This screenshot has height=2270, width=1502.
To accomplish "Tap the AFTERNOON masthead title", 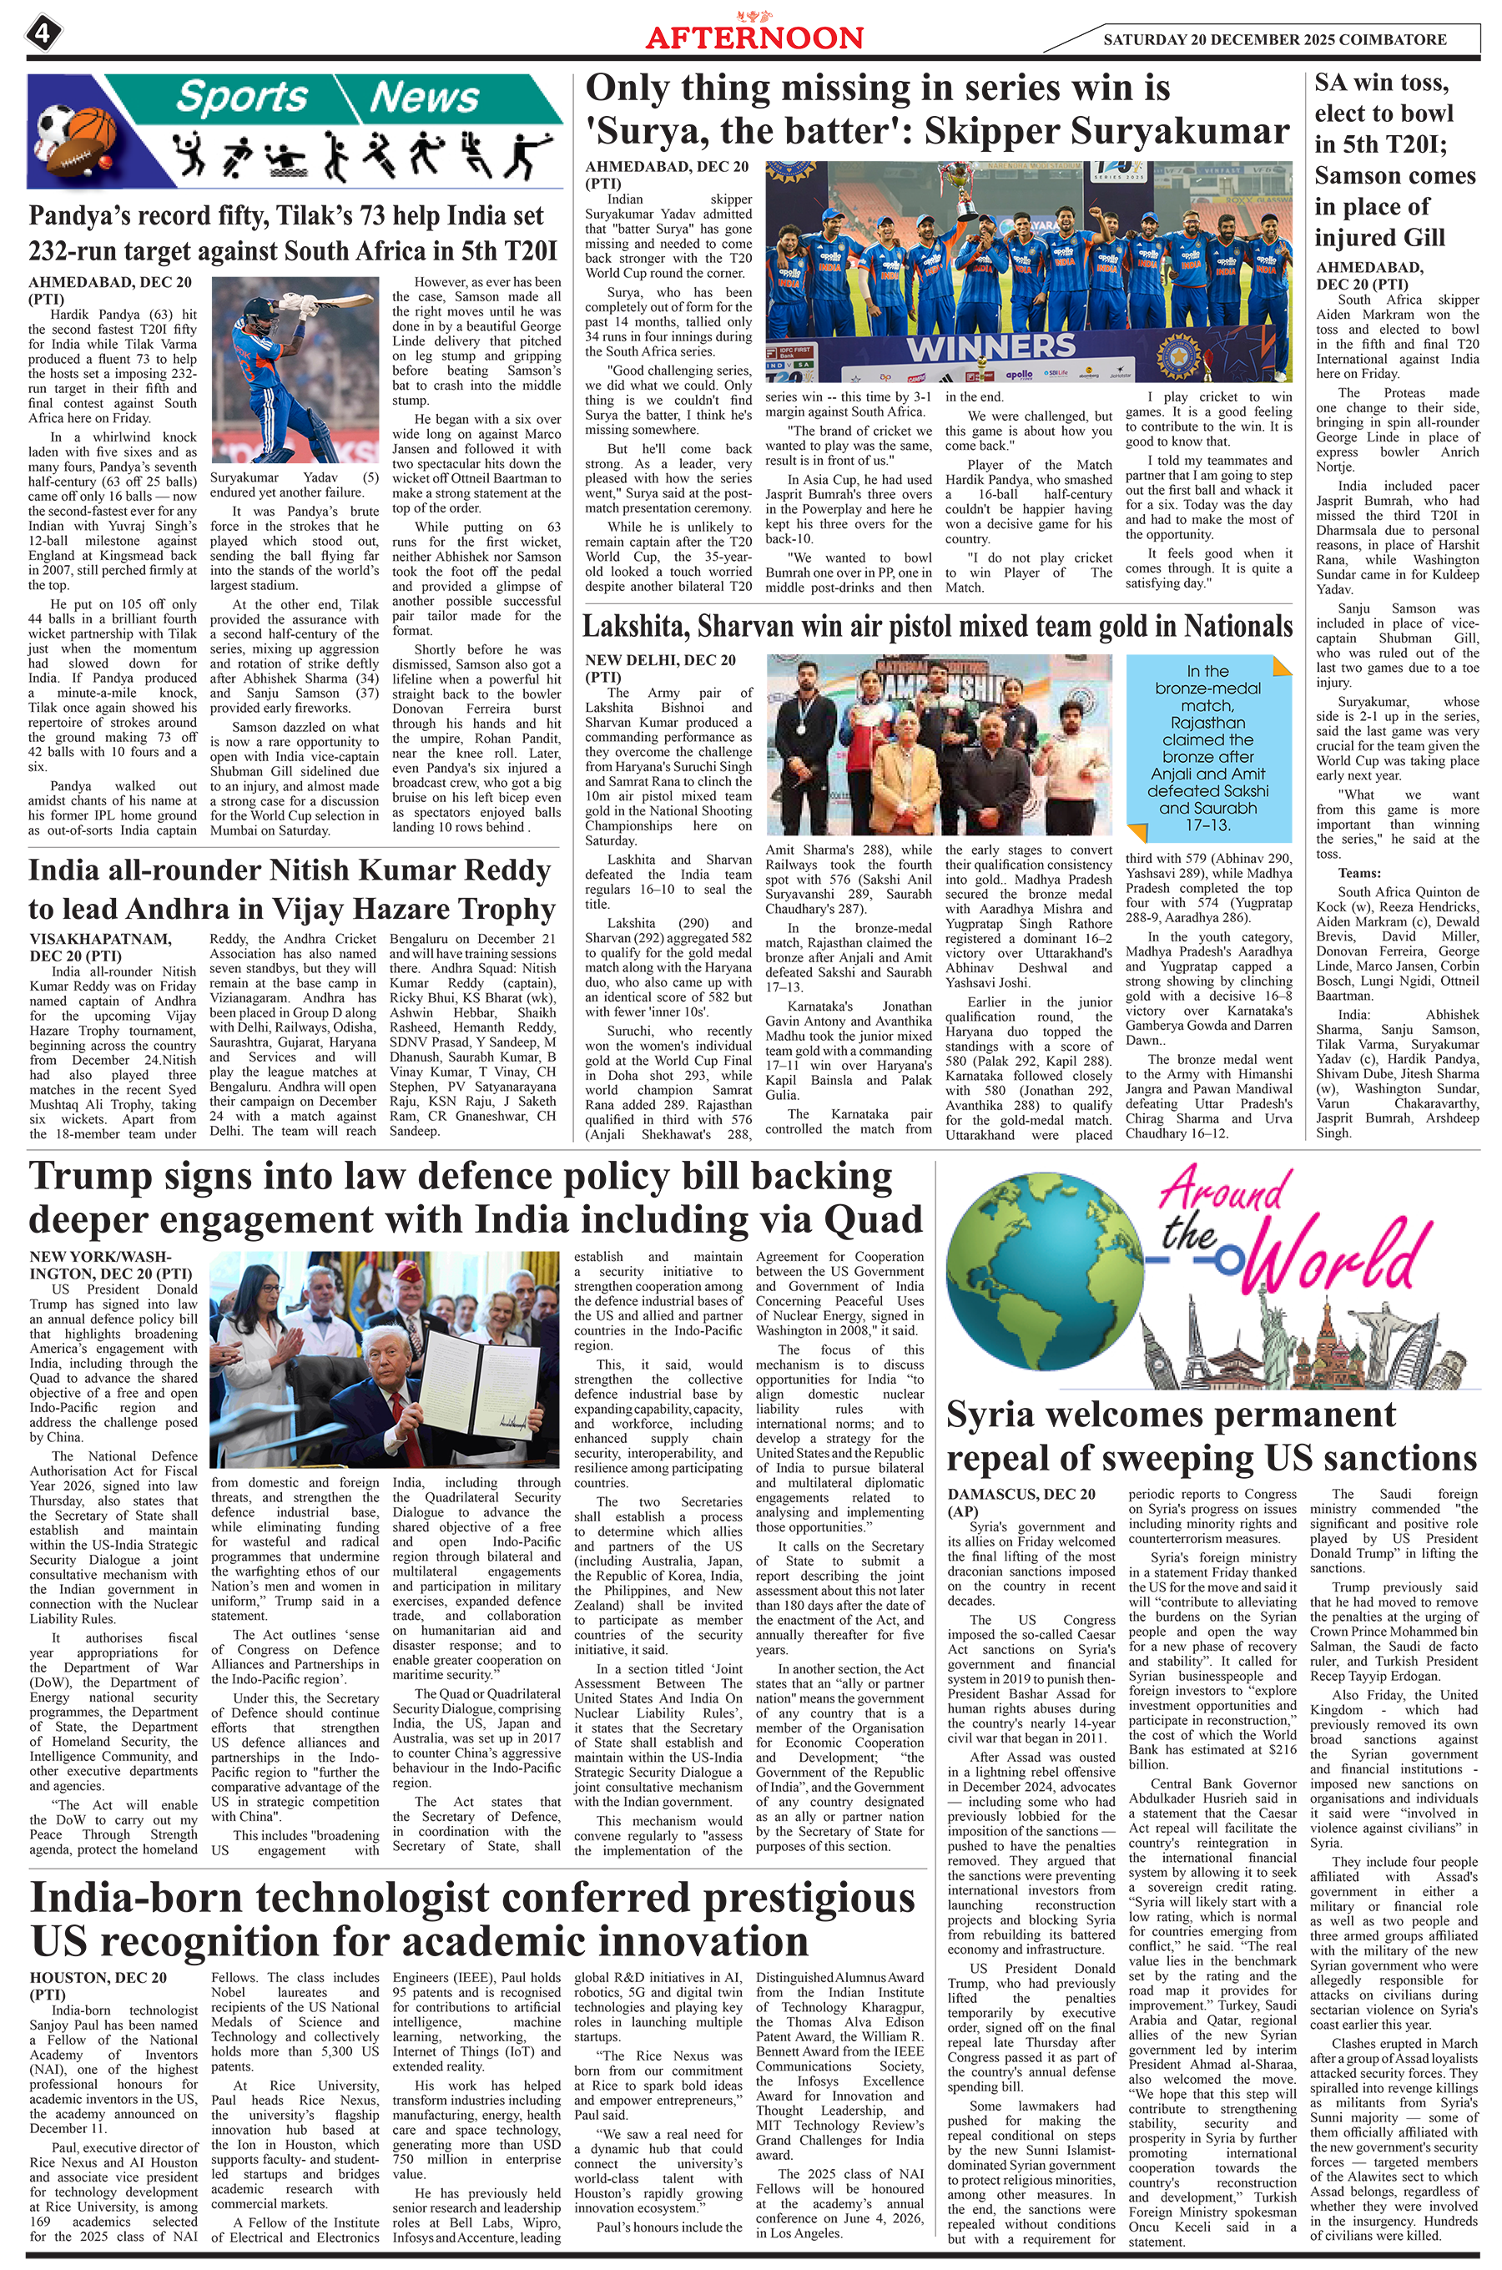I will coord(753,38).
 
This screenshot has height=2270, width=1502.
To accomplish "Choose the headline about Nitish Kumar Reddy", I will coord(291,889).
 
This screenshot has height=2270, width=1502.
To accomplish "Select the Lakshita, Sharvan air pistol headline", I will coord(937,627).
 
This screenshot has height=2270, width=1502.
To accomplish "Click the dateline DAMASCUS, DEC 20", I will coord(1021,1493).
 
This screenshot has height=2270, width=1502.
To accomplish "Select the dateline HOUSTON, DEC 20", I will coord(98,1977).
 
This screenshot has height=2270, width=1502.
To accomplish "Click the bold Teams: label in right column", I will coord(1358,873).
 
